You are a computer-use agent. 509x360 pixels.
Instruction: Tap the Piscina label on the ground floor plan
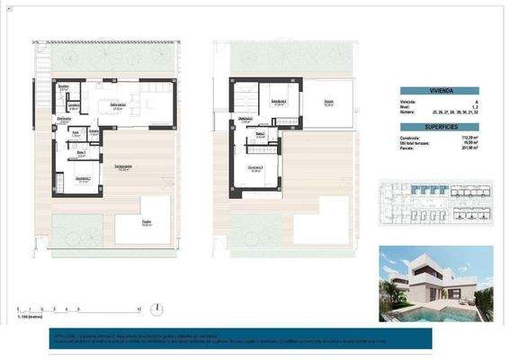tap(145, 223)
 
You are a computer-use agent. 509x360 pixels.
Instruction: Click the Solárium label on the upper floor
tap(329, 103)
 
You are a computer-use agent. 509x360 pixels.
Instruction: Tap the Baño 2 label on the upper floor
tap(259, 135)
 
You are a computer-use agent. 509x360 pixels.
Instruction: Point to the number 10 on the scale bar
tap(139, 309)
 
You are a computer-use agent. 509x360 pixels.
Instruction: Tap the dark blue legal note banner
tap(254, 339)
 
